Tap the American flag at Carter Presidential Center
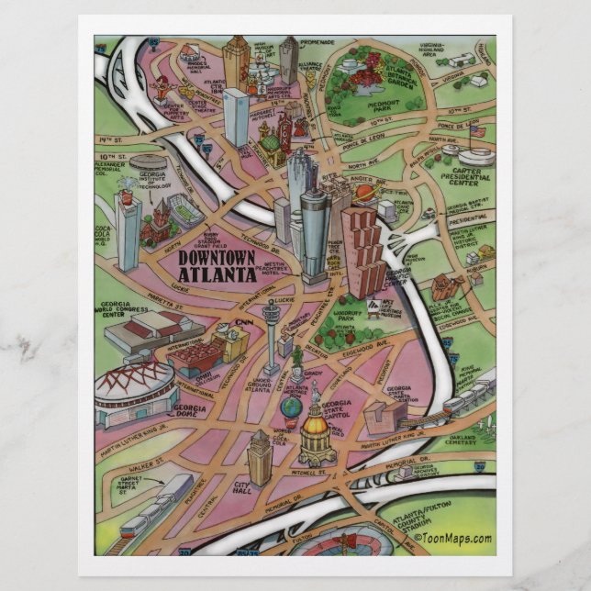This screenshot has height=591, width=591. [476, 130]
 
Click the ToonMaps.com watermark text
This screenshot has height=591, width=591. [452, 539]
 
